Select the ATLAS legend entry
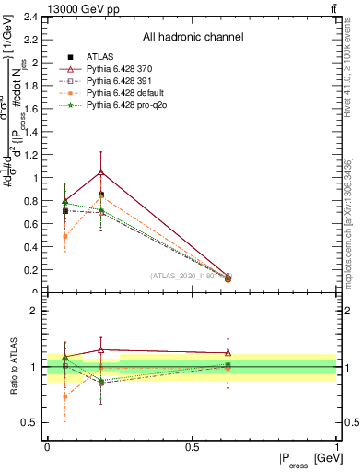[x=101, y=57]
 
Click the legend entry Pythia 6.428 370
[x=123, y=69]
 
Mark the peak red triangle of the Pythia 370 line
[x=101, y=171]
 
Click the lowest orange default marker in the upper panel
[x=64, y=236]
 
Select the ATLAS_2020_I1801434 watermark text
[x=193, y=276]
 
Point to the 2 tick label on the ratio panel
[x=33, y=311]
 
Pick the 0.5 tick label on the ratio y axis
[x=29, y=422]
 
